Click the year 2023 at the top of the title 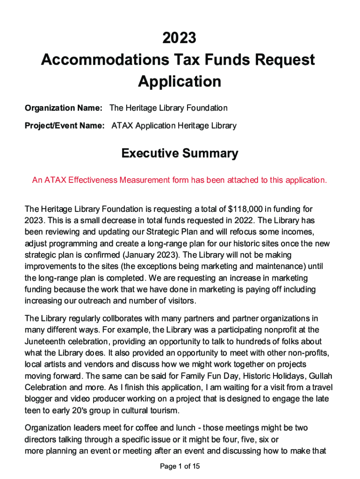click(180, 38)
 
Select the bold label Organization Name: click(64, 108)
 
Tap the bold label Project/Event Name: click(65, 126)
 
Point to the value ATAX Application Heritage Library click(174, 126)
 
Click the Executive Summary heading click(180, 153)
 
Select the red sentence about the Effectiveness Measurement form click(180, 180)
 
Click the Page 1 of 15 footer click(180, 466)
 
